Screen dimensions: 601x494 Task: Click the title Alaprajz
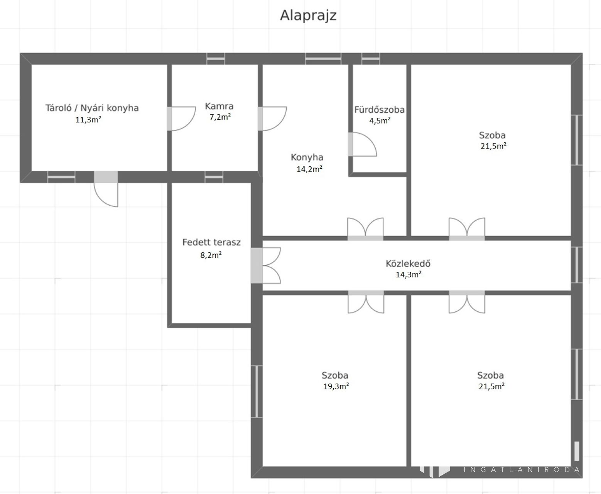(308, 16)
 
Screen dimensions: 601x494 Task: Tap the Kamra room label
(219, 106)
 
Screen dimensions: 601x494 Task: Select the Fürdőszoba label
(379, 110)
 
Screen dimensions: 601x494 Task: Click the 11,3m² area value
(88, 120)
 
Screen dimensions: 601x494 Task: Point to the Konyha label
(307, 157)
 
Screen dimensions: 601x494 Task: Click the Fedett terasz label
(211, 242)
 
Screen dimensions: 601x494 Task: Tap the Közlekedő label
(408, 264)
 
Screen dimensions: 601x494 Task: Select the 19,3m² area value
(336, 386)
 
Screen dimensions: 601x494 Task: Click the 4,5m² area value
(380, 120)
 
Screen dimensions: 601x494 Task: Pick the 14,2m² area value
(309, 169)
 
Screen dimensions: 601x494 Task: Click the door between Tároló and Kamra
(181, 118)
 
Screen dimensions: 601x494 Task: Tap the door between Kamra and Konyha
(272, 118)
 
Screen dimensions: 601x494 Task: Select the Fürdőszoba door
(362, 144)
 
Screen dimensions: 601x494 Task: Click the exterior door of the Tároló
(106, 189)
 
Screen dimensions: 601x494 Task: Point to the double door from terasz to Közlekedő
(266, 266)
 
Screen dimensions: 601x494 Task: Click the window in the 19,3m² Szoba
(257, 391)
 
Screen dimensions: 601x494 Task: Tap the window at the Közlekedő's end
(577, 265)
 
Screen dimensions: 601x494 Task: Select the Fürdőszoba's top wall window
(370, 59)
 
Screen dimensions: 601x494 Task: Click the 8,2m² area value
(211, 255)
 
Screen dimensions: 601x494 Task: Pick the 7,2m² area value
(220, 117)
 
